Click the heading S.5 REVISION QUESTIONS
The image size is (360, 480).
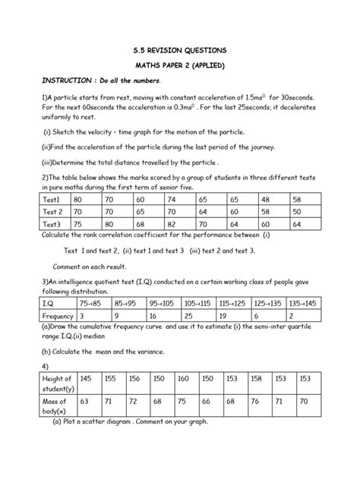(x=180, y=50)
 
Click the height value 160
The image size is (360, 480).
(x=183, y=378)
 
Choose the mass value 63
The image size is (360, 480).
(x=85, y=400)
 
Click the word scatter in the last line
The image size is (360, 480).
(x=106, y=422)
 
